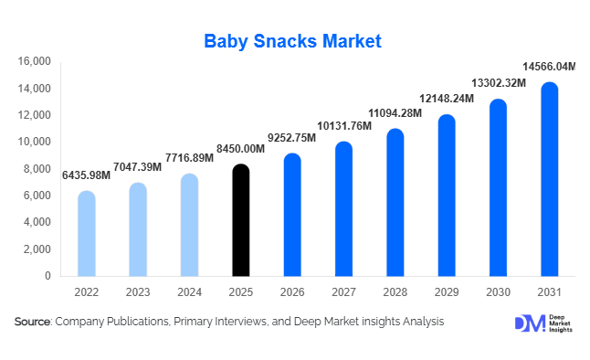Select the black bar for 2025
click(x=240, y=220)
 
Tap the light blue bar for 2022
click(x=86, y=234)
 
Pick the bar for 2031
click(x=549, y=180)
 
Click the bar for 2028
click(x=395, y=203)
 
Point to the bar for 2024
click(x=189, y=225)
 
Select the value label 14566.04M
click(x=549, y=67)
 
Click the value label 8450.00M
click(x=240, y=149)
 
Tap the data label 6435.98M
click(x=86, y=175)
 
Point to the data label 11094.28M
click(x=395, y=113)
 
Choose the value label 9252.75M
click(x=291, y=138)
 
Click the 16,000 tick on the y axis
click(x=34, y=62)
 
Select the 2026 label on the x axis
click(x=291, y=291)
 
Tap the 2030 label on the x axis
click(x=498, y=291)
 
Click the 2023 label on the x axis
click(x=137, y=291)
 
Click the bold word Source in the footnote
click(x=32, y=323)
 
